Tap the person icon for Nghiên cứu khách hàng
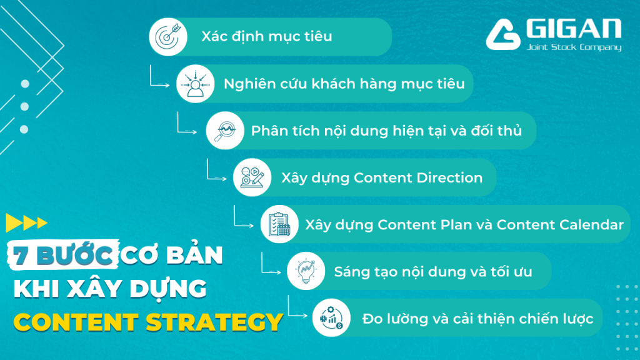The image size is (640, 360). tap(195, 84)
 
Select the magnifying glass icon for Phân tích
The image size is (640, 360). tap(225, 131)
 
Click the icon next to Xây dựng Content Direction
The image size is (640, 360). tap(252, 177)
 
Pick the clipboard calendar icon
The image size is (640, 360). tap(279, 224)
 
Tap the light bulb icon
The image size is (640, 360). tap(306, 271)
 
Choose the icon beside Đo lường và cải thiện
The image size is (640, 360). tap(331, 318)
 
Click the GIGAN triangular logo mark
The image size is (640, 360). tap(503, 36)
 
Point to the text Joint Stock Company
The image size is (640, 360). tap(574, 47)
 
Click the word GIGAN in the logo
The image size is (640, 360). tap(574, 29)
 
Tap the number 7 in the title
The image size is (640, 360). tap(19, 256)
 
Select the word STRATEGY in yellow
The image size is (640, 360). tap(214, 322)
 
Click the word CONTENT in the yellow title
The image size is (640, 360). tap(76, 322)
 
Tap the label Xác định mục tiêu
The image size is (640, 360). tap(266, 36)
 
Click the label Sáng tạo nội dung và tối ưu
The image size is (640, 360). tap(433, 272)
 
